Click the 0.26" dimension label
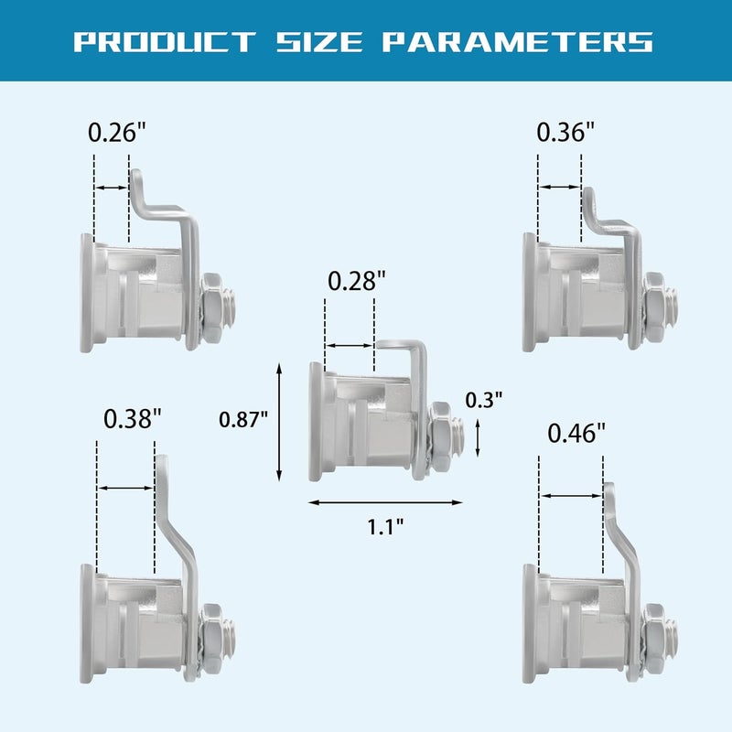117,132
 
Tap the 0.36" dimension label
565,132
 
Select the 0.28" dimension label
357,281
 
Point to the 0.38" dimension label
132,418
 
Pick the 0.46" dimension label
576,433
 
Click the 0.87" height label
243,420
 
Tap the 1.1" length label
384,527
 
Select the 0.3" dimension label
484,400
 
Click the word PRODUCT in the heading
165,42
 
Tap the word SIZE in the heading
319,42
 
